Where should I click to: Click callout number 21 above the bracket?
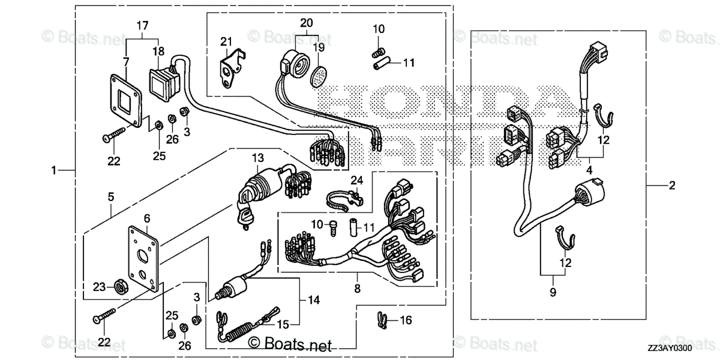[226, 41]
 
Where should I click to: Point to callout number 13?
[257, 158]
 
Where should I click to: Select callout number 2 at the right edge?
[671, 185]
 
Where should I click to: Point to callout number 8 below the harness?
[357, 289]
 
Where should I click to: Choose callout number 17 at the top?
[142, 26]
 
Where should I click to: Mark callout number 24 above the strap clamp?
[357, 179]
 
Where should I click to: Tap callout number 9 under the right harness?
[553, 292]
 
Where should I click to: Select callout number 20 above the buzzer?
[306, 23]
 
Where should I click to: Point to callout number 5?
[110, 196]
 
